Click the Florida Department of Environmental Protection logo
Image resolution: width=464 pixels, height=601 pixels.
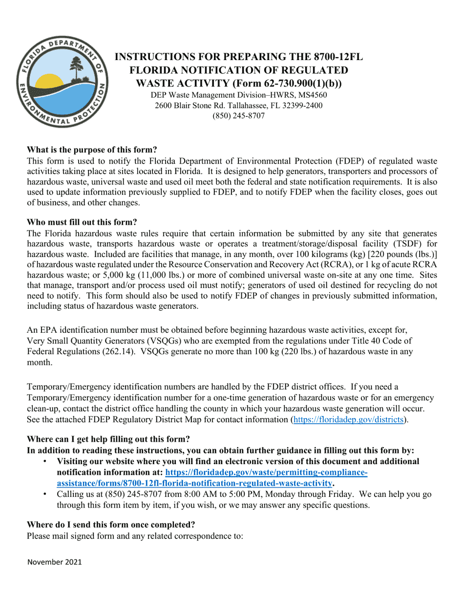(61, 83)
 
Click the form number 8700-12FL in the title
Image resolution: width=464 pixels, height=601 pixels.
(339, 57)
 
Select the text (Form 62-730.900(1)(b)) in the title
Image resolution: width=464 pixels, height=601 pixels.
(288, 84)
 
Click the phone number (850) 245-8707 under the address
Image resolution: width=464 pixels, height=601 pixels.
(238, 116)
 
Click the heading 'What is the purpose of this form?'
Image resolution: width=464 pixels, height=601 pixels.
(92, 150)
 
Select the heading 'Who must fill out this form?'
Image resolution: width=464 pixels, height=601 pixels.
(82, 222)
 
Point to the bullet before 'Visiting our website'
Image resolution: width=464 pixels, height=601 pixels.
(45, 461)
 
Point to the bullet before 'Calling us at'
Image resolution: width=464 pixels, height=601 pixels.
(45, 494)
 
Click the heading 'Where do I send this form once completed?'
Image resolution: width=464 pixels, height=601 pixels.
(111, 525)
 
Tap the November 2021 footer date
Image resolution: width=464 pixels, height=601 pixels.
(55, 562)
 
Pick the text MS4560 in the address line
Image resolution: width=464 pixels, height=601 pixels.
(311, 95)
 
